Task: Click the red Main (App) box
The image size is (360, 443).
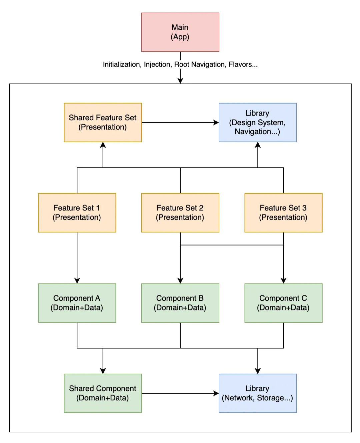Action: [180, 32]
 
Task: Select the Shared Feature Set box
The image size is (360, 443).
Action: [103, 123]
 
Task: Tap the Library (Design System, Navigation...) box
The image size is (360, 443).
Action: [258, 123]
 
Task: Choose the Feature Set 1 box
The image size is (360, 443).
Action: [77, 213]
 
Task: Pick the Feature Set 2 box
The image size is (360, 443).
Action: [180, 213]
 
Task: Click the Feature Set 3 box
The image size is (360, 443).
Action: [283, 213]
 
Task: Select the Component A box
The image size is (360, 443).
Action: [77, 303]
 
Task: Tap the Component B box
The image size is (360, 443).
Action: [180, 303]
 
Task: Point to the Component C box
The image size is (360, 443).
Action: [283, 303]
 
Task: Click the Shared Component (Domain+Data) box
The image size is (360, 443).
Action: [103, 393]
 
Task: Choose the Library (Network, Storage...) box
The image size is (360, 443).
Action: [258, 393]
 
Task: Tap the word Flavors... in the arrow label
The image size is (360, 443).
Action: [243, 65]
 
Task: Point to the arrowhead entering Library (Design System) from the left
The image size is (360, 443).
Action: [216, 123]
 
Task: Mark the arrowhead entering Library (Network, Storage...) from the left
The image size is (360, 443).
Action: [216, 393]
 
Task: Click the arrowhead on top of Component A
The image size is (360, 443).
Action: [77, 281]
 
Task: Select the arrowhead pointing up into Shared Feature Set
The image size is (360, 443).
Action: [103, 145]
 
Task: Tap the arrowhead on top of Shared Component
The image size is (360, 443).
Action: [103, 371]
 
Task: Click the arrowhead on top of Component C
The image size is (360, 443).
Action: [283, 281]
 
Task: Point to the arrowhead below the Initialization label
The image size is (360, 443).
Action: [180, 81]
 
